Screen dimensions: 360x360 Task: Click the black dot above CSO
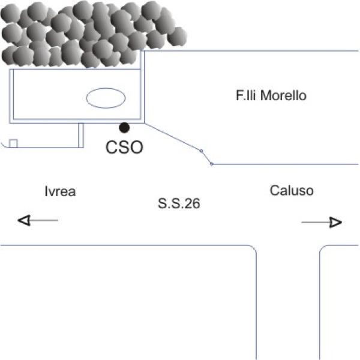coord(124,127)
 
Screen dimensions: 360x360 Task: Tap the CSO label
coord(124,147)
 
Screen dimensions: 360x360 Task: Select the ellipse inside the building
coord(105,98)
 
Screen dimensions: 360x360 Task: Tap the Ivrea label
coord(60,191)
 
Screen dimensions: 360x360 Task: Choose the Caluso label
coord(292,191)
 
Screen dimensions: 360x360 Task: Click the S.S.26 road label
coord(179,204)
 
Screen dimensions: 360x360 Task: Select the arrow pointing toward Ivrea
coord(38,221)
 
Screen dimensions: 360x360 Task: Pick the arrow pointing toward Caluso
coord(322,223)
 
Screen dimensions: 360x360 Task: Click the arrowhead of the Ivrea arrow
coord(24,221)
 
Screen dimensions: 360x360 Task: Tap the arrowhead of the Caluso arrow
coord(335,223)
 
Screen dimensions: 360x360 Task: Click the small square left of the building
coord(13,143)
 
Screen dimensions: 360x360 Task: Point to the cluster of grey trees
coord(90,33)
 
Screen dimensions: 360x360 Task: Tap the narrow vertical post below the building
coord(81,134)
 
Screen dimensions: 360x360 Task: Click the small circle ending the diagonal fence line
coord(212,164)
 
